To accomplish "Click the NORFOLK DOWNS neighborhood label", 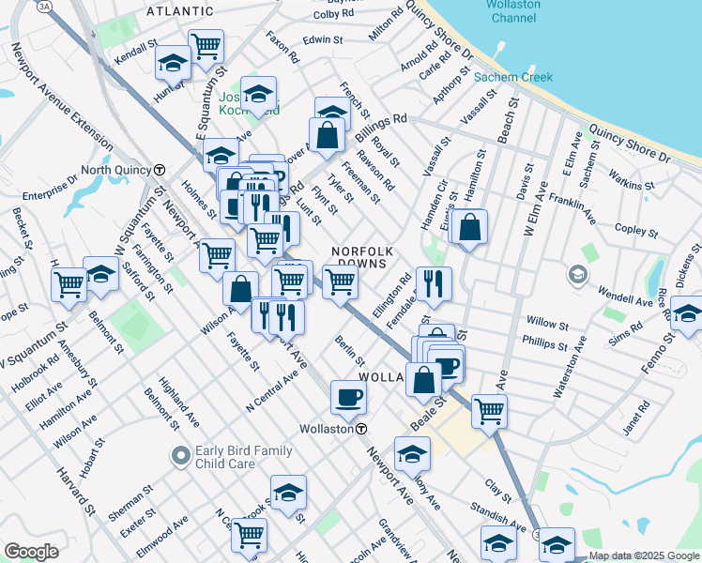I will point(359,257).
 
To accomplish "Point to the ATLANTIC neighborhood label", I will point(180,11).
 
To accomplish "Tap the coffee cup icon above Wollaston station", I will point(348,399).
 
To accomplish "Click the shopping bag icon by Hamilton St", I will point(469,227).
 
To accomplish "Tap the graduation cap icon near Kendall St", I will point(173,63).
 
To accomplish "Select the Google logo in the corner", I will point(31,551).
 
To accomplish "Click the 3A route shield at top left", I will point(44,6).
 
